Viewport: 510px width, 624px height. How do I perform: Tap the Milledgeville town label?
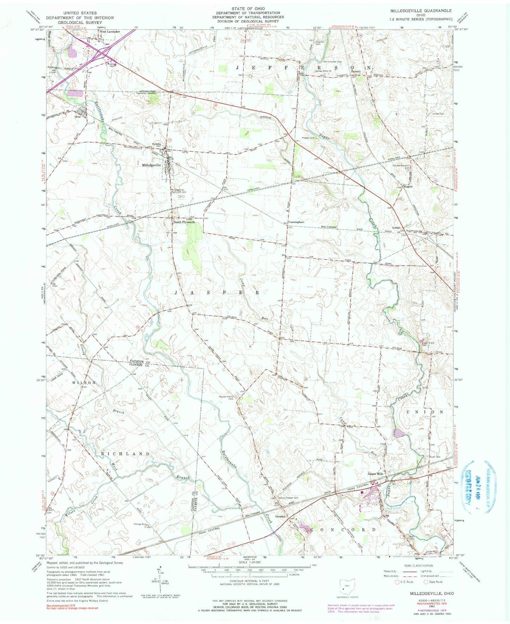click(x=151, y=165)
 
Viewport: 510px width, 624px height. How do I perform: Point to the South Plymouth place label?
click(x=184, y=222)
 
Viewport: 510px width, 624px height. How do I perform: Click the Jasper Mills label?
click(x=375, y=474)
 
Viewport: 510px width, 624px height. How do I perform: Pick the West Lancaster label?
click(x=109, y=32)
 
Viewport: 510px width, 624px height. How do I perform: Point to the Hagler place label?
click(x=408, y=186)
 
